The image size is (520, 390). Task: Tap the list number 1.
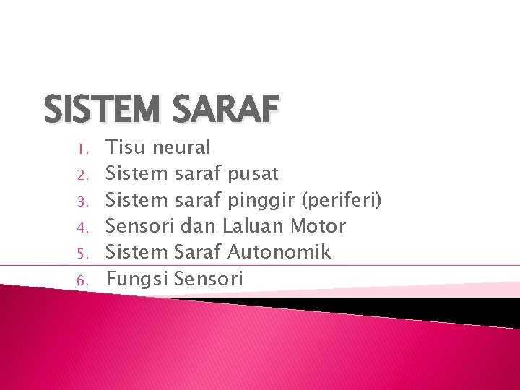(x=83, y=149)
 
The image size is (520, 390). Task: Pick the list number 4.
(x=83, y=227)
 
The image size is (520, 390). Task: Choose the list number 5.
(x=83, y=253)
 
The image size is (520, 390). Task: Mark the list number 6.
(x=83, y=279)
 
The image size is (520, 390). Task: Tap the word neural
(x=181, y=148)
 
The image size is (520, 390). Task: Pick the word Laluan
(x=253, y=226)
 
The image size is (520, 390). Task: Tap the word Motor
(x=318, y=226)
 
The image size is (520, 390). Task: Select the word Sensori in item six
(x=209, y=278)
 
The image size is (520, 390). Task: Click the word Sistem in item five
(x=138, y=252)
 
